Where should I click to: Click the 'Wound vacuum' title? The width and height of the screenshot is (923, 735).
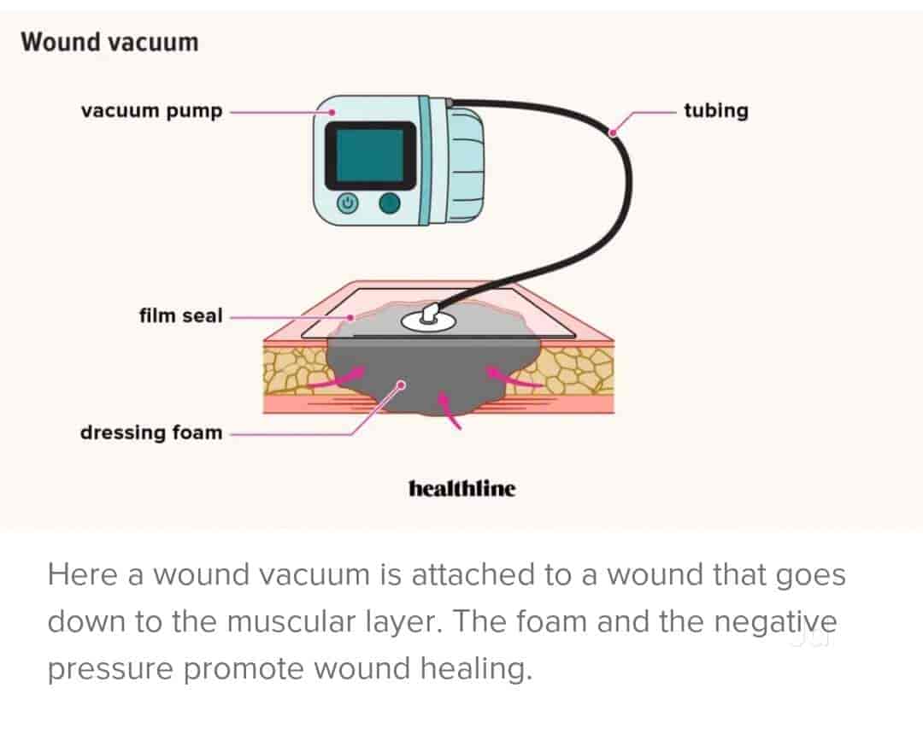pyautogui.click(x=109, y=42)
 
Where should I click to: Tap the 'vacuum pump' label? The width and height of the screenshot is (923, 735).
pyautogui.click(x=151, y=111)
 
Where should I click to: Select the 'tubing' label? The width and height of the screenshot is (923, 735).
pyautogui.click(x=715, y=111)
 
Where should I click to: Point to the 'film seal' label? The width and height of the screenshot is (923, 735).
pyautogui.click(x=180, y=315)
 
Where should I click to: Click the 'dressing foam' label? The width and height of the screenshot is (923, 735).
pyautogui.click(x=150, y=432)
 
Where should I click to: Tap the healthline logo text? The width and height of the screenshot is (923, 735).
pyautogui.click(x=462, y=489)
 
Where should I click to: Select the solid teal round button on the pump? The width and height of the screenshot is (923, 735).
pyautogui.click(x=390, y=203)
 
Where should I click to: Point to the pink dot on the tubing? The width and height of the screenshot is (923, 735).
pyautogui.click(x=613, y=132)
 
